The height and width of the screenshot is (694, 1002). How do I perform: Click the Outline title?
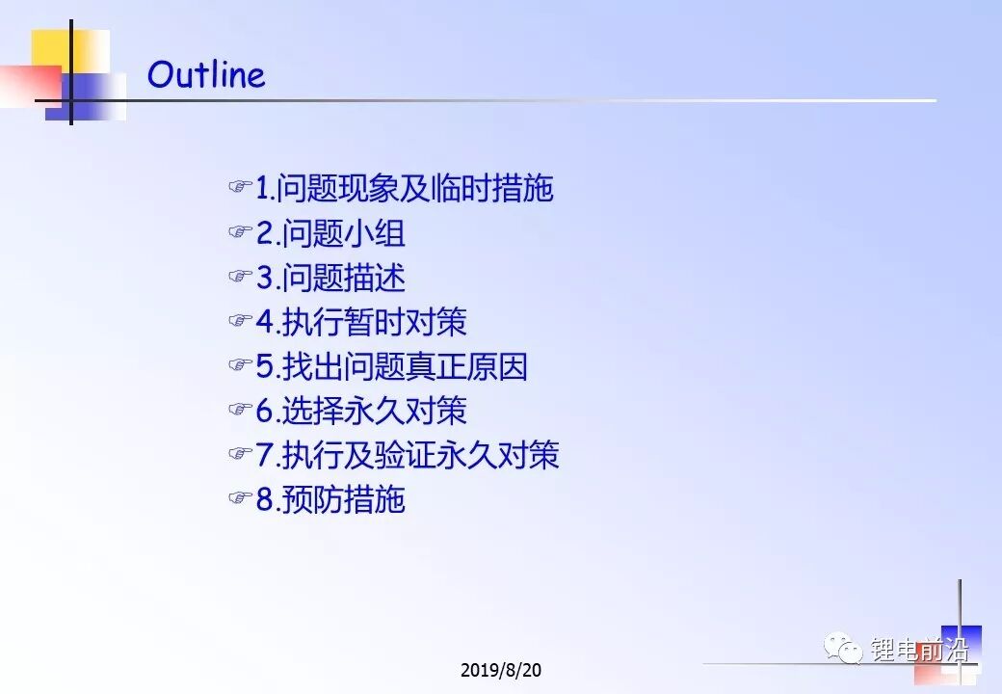206,74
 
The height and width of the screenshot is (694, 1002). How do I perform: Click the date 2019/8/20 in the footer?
500,670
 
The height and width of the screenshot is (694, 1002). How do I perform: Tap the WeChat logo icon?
844,649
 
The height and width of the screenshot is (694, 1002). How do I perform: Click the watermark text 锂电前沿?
919,650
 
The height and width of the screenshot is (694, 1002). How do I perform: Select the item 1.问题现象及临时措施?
405,189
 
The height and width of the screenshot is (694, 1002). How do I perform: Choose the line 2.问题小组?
330,232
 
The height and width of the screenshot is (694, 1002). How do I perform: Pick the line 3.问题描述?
330,278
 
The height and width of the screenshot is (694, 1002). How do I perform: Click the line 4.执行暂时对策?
361,321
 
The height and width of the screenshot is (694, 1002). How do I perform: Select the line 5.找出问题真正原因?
392,366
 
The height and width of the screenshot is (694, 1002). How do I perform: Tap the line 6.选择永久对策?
361,411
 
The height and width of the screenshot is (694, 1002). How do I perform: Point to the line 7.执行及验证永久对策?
408,455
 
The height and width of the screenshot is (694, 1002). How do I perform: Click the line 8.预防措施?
330,499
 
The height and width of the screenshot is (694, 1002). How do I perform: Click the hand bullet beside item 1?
240,187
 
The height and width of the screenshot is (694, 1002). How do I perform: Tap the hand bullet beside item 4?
240,319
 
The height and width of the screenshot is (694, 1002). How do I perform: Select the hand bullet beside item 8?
240,497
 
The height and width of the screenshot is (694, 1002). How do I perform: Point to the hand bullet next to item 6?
240,409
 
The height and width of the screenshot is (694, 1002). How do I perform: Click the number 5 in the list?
265,367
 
